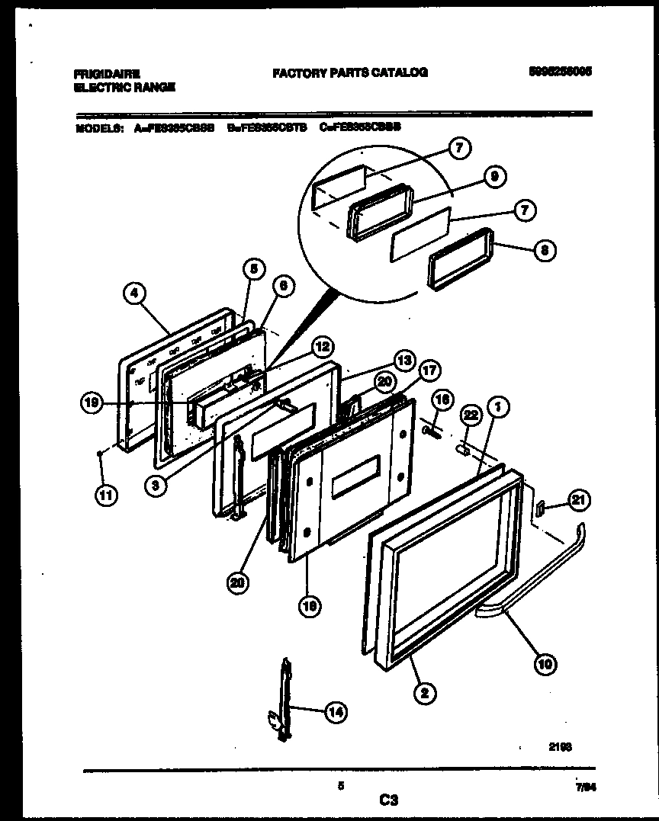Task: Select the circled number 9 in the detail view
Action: click(494, 177)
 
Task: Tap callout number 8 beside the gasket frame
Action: click(543, 251)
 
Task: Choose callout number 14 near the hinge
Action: click(334, 712)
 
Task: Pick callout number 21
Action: click(580, 500)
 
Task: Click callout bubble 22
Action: click(471, 415)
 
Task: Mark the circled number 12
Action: click(323, 348)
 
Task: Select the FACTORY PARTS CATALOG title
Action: click(350, 73)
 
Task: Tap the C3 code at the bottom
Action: click(388, 800)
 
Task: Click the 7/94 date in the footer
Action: click(584, 792)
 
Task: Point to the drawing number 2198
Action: click(560, 747)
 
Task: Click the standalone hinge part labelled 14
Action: click(284, 699)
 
